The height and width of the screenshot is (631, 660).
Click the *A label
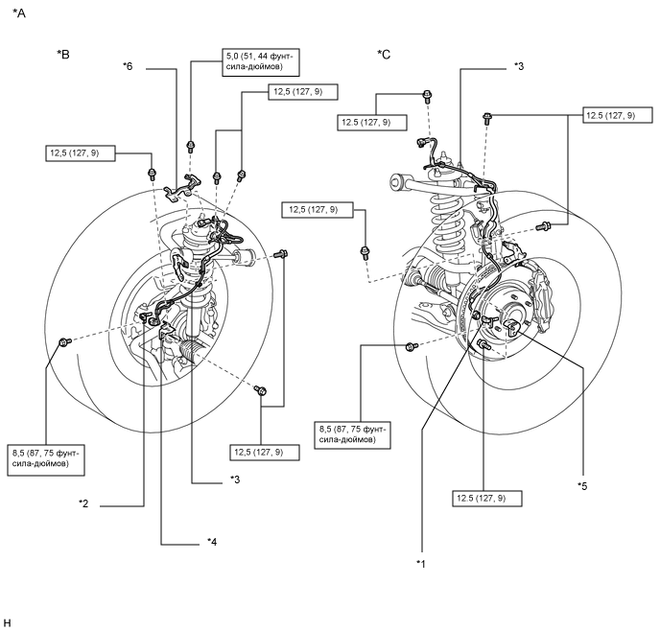pos(19,13)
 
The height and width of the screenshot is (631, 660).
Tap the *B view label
pos(63,55)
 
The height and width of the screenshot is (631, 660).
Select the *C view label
pos(384,55)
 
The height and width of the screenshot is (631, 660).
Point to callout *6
pos(128,66)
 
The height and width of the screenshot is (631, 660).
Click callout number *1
pos(421,564)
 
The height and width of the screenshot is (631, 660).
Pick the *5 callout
pos(582,486)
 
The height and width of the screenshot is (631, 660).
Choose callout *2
pos(83,503)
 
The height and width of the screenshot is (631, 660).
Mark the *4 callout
pos(212,542)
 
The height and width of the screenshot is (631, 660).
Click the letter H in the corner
pos(7,623)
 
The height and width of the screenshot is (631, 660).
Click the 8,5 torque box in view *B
pos(46,459)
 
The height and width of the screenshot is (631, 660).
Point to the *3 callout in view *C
pos(519,66)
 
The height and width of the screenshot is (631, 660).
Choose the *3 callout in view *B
pos(235,479)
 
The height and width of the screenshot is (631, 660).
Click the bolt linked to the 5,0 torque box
pos(191,147)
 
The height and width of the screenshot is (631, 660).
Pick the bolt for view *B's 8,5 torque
pos(65,342)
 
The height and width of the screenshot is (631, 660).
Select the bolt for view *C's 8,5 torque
pos(412,346)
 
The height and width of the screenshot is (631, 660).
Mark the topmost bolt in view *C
pos(427,96)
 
